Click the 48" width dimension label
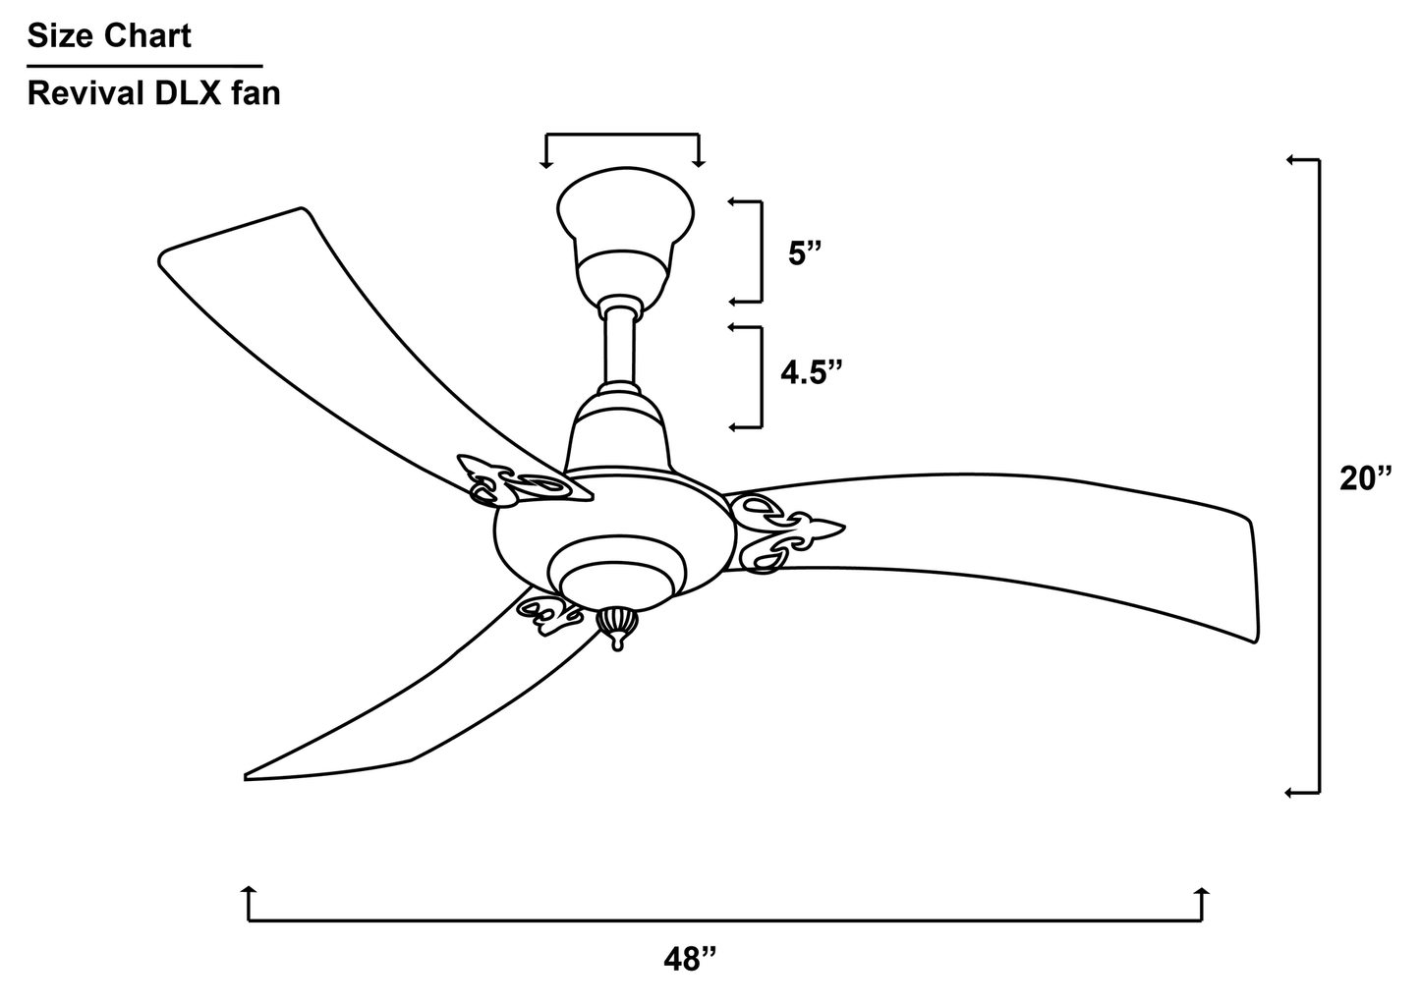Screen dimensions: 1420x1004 [691, 959]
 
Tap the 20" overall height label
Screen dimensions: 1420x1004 [1366, 478]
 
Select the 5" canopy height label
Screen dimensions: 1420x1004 [805, 253]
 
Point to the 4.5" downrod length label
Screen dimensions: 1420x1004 [812, 372]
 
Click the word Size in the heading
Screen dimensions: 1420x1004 [61, 35]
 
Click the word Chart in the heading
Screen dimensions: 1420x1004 [147, 35]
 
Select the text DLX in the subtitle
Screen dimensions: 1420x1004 [188, 93]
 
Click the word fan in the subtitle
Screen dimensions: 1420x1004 [256, 93]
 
